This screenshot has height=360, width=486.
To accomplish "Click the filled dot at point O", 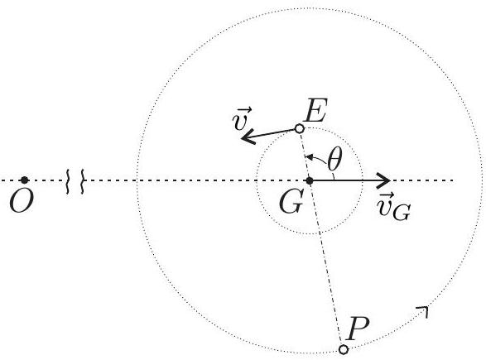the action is pos(25,180).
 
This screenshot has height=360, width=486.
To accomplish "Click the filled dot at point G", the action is pos(310,180).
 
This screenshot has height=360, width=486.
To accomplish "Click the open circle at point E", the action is pos(299,128).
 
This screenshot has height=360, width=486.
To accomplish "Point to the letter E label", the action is pos(315,110).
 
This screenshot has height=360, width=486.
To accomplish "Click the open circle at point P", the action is pos(344,349).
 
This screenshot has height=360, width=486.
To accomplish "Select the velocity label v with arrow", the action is pos(242,118).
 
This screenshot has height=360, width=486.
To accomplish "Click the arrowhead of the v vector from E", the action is pos(248,137).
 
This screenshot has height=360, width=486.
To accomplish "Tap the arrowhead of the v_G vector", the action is pos(383,180).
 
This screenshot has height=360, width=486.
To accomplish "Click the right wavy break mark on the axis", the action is pos(83,181).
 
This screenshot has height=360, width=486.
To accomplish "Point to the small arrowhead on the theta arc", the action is pos(308,156).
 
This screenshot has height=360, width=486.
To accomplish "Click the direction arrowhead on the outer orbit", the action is pos(423,310).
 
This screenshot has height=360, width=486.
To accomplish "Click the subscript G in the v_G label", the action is pos(402,213).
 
